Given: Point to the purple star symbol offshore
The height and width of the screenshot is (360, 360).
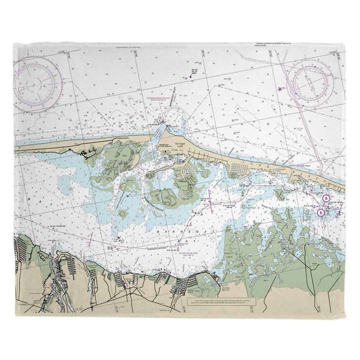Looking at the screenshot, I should tap(279, 89).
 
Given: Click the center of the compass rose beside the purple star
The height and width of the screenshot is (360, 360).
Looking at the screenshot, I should tap(312, 85).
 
